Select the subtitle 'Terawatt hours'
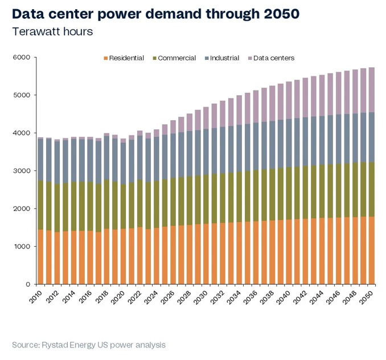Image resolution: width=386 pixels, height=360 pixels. point(52,31)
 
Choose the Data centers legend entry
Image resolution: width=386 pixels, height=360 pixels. point(270,58)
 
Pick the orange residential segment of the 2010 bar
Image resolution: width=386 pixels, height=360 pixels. point(40,257)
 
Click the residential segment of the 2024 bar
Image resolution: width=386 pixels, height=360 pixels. point(156,256)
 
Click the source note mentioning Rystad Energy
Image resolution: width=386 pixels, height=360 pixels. point(89,345)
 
